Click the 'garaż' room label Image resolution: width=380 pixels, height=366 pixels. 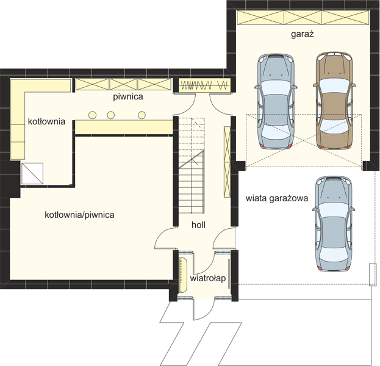302,34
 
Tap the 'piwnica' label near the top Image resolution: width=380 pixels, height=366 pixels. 128,97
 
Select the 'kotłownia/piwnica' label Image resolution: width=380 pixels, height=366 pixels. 79,215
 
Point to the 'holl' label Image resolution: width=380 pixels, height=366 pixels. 198,225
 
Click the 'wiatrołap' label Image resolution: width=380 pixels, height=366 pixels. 208,278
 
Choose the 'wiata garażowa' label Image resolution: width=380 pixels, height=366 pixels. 277,198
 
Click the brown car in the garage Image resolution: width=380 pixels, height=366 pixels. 334,100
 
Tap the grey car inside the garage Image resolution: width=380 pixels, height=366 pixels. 276,101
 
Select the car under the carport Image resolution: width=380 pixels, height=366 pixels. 334,223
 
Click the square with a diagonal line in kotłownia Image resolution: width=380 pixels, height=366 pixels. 32,174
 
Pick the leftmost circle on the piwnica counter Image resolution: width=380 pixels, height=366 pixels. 92,115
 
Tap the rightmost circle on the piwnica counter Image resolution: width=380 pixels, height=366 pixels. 142,115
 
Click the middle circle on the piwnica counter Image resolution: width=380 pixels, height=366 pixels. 111,115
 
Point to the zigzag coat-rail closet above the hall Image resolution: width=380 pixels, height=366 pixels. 204,85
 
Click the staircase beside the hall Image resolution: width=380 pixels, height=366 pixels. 192,165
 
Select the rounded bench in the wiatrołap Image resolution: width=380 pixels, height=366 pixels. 183,275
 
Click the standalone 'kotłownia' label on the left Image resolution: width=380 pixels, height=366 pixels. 46,121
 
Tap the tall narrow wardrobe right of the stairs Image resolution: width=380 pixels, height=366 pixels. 227,162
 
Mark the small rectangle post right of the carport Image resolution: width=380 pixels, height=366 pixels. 373,275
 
